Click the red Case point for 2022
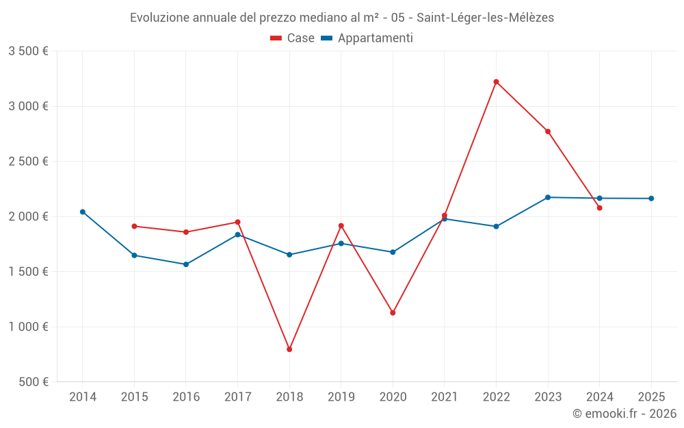[496, 81]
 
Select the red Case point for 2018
[289, 349]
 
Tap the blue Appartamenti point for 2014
[83, 212]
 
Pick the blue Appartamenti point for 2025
[651, 199]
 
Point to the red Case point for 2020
[393, 313]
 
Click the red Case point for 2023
[548, 131]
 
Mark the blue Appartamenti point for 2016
[186, 264]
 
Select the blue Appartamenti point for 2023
[548, 197]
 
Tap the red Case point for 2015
[134, 226]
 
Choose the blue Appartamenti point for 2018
[289, 255]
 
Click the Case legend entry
[293, 38]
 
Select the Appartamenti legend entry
[367, 38]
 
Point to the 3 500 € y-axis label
[28, 51]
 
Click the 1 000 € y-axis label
[28, 327]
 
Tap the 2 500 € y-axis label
[28, 161]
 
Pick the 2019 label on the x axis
[341, 396]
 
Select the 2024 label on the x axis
[599, 396]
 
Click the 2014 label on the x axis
[83, 396]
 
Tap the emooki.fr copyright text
[624, 413]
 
